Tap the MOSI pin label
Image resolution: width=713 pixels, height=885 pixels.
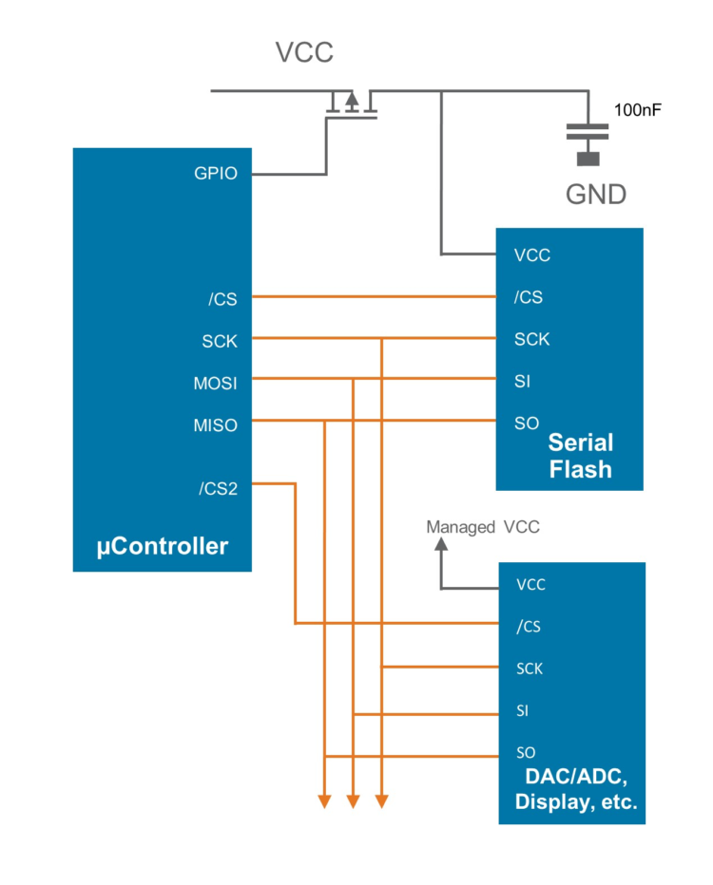pyautogui.click(x=216, y=383)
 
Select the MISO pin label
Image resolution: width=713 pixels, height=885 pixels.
pyautogui.click(x=216, y=424)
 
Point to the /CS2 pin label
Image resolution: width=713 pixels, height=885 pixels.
pyautogui.click(x=218, y=489)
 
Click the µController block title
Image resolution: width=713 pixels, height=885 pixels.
pyautogui.click(x=162, y=546)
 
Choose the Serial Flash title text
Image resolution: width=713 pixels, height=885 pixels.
pyautogui.click(x=580, y=456)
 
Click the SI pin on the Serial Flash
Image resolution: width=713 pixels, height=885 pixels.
pyautogui.click(x=522, y=382)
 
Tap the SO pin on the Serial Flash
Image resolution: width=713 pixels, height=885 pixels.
pyautogui.click(x=526, y=424)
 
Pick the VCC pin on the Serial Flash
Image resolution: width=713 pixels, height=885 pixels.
pyautogui.click(x=531, y=255)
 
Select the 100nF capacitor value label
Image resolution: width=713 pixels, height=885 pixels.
pyautogui.click(x=638, y=110)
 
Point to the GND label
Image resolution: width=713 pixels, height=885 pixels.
pyautogui.click(x=596, y=195)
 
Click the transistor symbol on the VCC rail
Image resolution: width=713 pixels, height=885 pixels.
pyautogui.click(x=351, y=103)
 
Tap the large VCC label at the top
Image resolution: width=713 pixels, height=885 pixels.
pyautogui.click(x=304, y=52)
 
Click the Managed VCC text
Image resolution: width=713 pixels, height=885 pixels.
pyautogui.click(x=482, y=526)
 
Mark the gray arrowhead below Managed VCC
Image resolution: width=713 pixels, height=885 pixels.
pyautogui.click(x=441, y=545)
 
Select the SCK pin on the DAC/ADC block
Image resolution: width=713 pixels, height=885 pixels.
pyautogui.click(x=530, y=668)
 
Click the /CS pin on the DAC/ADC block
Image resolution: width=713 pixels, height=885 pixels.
pyautogui.click(x=529, y=627)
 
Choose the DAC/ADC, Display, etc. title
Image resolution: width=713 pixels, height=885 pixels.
pyautogui.click(x=575, y=789)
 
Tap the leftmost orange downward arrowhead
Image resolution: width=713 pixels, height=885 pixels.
pyautogui.click(x=324, y=801)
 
